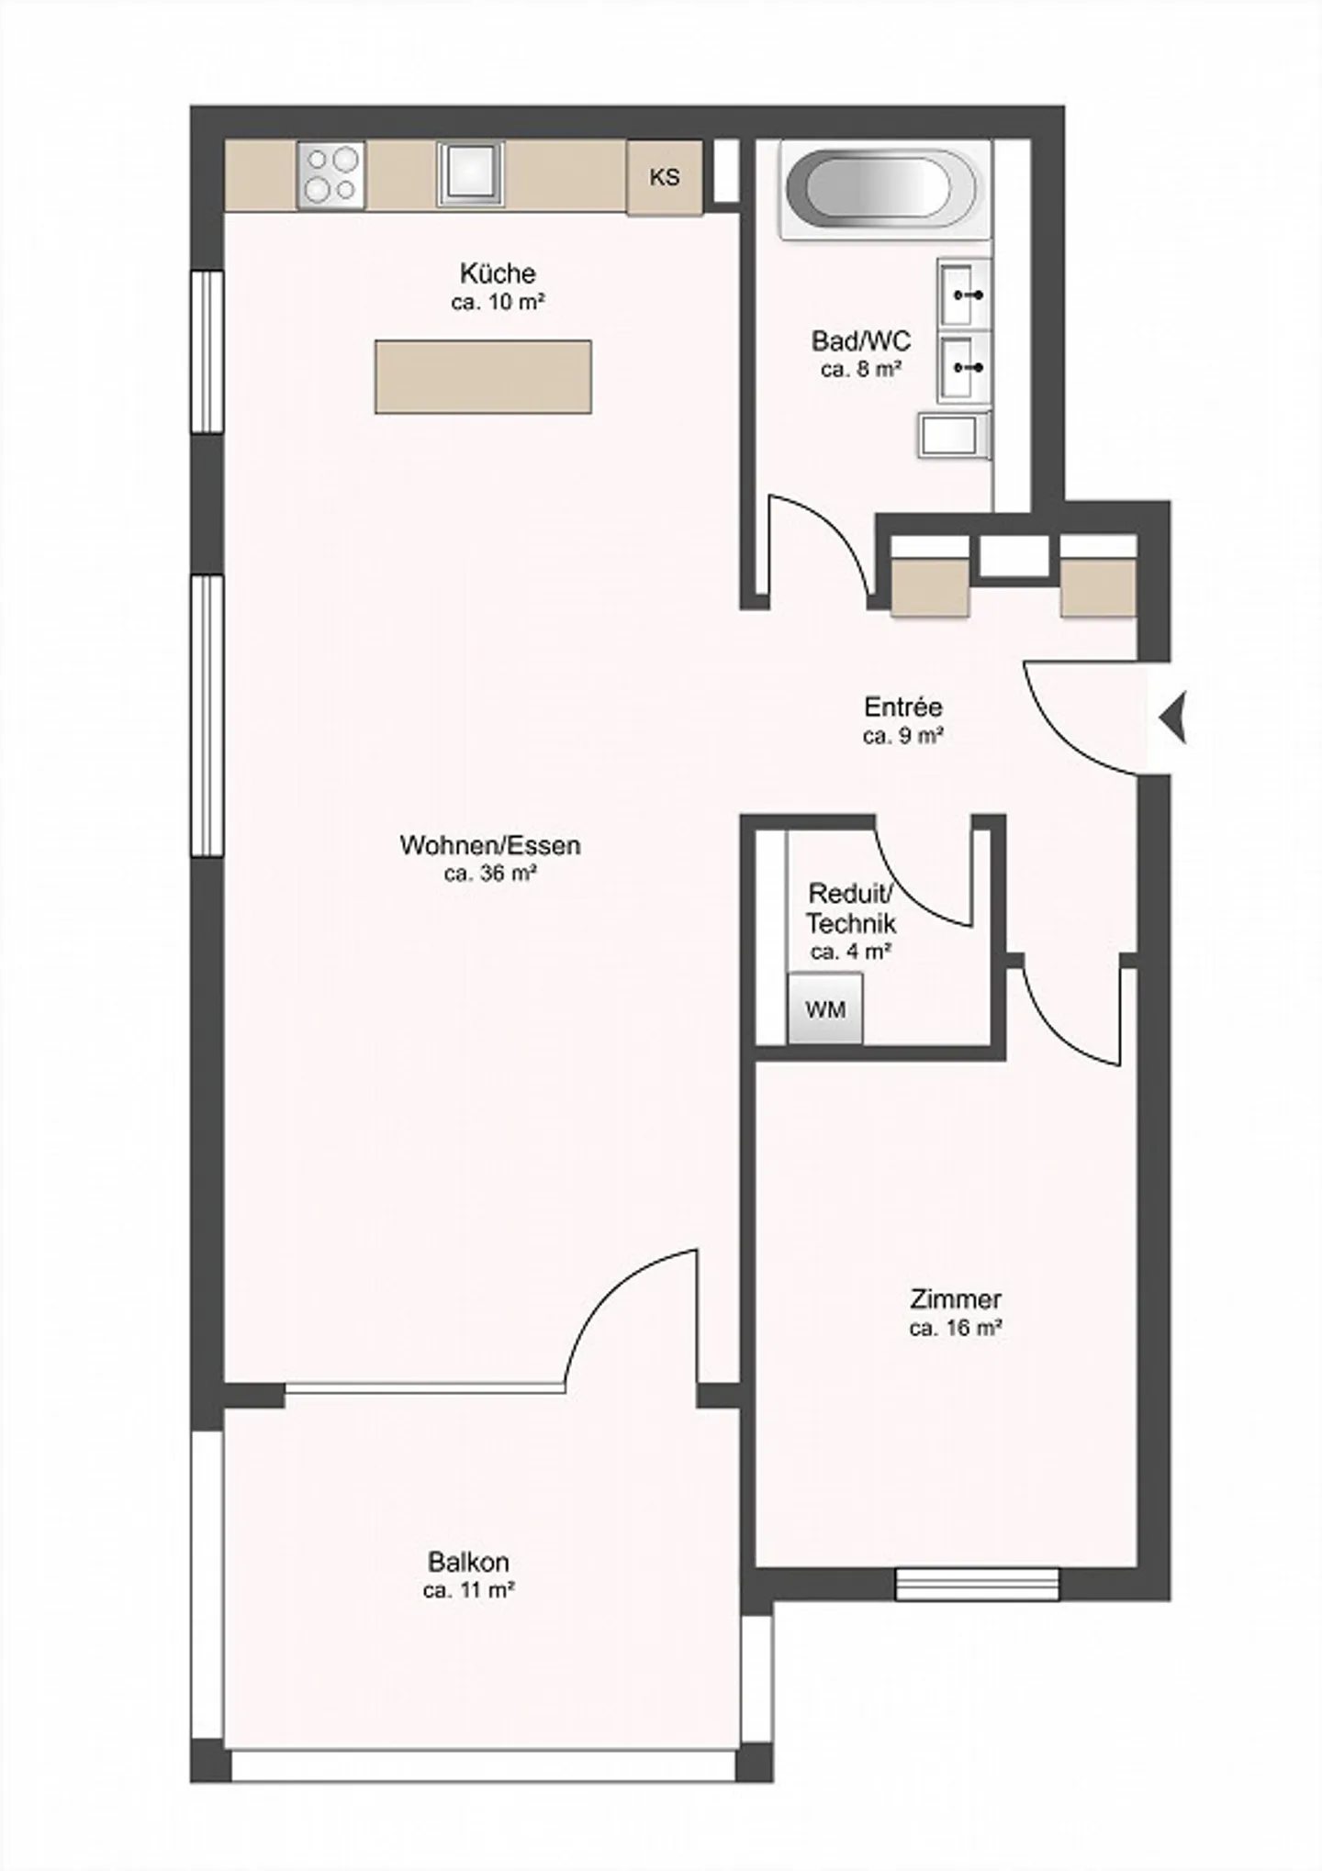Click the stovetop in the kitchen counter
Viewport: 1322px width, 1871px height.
[x=331, y=174]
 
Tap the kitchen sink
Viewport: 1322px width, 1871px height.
[x=471, y=173]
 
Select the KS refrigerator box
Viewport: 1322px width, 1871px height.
[x=665, y=178]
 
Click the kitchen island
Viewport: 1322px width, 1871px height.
[x=483, y=376]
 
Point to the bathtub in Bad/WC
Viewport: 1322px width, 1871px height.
[x=879, y=187]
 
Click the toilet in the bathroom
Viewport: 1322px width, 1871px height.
[x=955, y=435]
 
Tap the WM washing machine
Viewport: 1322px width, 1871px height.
[x=825, y=1009]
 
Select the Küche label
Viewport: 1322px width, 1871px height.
[x=498, y=273]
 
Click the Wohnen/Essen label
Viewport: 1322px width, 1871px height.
[x=490, y=845]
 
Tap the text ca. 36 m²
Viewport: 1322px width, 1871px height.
[x=490, y=874]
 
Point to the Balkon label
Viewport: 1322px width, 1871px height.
[x=468, y=1562]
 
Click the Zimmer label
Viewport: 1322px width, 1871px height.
[x=955, y=1299]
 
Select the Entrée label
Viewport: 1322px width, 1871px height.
[x=903, y=707]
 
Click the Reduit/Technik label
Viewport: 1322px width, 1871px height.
[x=850, y=908]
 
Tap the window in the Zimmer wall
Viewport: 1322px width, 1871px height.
[x=977, y=1585]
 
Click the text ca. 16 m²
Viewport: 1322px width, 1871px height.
[x=955, y=1328]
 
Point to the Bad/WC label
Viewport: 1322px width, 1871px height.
[x=861, y=341]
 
